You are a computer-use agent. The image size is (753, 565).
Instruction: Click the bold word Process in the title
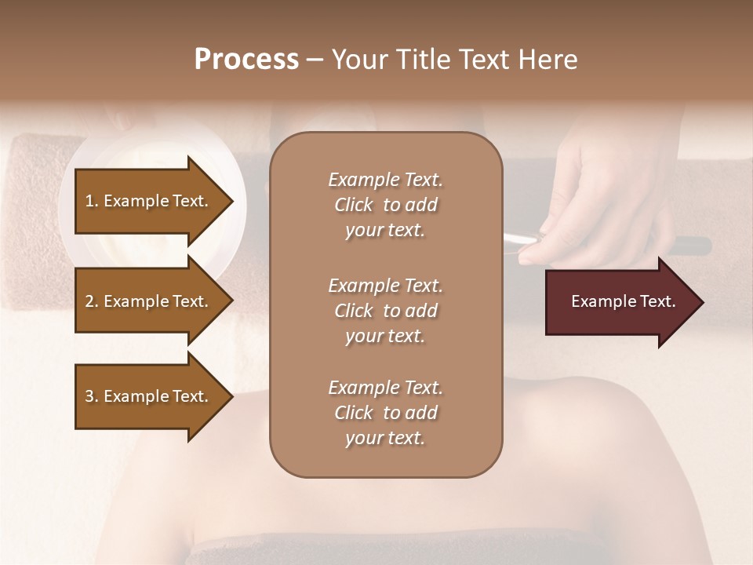[x=246, y=60]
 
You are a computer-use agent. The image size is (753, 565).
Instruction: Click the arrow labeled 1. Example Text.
[x=147, y=201]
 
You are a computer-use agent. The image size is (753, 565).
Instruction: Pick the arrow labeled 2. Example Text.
[x=147, y=301]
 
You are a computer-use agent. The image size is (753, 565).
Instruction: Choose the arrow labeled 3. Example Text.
[x=147, y=396]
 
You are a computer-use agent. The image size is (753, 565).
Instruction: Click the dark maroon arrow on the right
[x=620, y=301]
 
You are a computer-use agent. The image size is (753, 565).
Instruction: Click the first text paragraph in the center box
[x=385, y=205]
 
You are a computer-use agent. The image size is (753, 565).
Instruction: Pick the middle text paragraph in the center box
[x=385, y=311]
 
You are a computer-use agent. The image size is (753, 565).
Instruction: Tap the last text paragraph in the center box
[x=385, y=413]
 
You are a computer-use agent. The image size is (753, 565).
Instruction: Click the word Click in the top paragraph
[x=354, y=205]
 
